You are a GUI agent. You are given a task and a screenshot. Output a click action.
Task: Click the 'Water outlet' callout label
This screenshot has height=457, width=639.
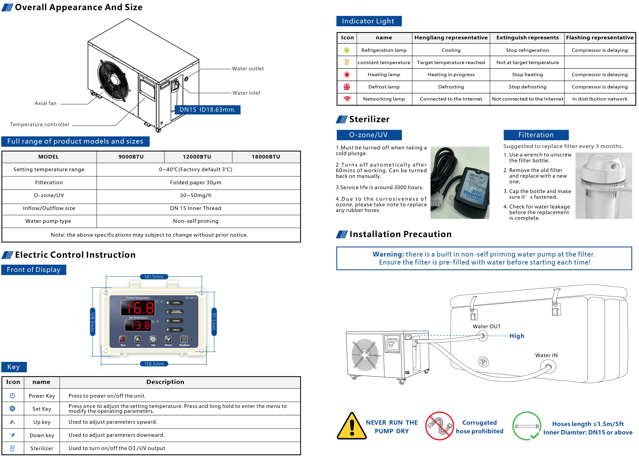tap(248, 69)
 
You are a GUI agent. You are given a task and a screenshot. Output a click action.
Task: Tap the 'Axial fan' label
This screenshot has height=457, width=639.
tap(46, 103)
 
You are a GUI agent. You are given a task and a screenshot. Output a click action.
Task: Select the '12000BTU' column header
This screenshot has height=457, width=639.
tap(197, 157)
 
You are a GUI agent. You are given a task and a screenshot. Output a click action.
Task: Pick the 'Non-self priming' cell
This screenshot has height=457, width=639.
tap(196, 221)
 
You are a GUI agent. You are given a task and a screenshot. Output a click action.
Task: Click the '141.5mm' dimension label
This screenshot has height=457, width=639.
tap(154, 277)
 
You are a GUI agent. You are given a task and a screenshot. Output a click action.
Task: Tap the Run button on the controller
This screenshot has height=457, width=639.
tap(123, 339)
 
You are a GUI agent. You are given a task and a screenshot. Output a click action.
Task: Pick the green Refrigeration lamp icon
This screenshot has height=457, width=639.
tap(347, 50)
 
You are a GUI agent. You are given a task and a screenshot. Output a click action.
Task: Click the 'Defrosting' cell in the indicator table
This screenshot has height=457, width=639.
tap(451, 87)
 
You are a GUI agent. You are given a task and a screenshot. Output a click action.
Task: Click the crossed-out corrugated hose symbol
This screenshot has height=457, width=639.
tap(439, 426)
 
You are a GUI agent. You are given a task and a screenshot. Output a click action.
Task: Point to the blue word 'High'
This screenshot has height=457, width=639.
tap(517, 336)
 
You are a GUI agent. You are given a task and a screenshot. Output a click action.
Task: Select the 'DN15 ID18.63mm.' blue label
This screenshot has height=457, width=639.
tap(207, 110)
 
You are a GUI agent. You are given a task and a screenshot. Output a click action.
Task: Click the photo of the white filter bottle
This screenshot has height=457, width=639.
tap(603, 186)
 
